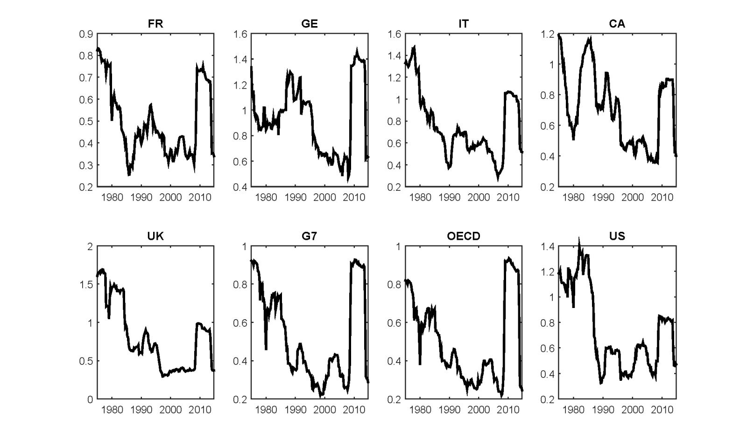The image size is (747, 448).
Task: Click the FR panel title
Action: pyautogui.click(x=155, y=24)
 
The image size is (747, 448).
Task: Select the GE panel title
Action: pyautogui.click(x=309, y=24)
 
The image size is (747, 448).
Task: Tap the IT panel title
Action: pyautogui.click(x=463, y=24)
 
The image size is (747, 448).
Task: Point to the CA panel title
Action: pyautogui.click(x=617, y=24)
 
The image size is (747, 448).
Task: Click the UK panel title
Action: pyautogui.click(x=155, y=236)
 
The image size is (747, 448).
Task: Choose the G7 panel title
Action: pyautogui.click(x=309, y=236)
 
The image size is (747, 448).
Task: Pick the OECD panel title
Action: pyautogui.click(x=463, y=236)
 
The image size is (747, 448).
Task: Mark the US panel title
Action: pyautogui.click(x=617, y=236)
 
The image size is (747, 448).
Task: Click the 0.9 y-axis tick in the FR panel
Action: pyautogui.click(x=86, y=34)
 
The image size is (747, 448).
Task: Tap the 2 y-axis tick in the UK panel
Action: pyautogui.click(x=90, y=246)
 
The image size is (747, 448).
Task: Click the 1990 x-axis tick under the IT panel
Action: pyautogui.click(x=449, y=197)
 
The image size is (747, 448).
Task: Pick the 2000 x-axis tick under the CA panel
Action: pyautogui.click(x=632, y=197)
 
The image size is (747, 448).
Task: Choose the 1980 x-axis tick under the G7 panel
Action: pyautogui.click(x=266, y=410)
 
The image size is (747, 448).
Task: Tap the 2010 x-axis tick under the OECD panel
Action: pyautogui.click(x=508, y=410)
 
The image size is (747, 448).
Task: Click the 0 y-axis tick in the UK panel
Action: pyautogui.click(x=90, y=399)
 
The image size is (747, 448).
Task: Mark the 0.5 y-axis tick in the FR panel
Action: pyautogui.click(x=86, y=121)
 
